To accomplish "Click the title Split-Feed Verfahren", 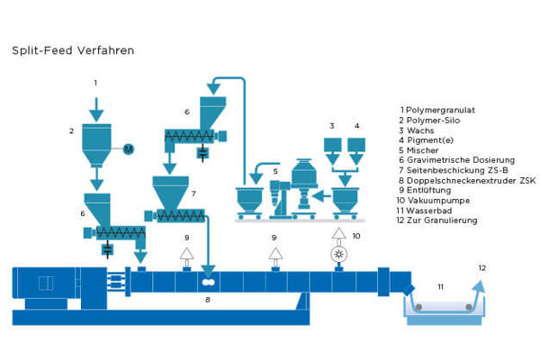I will [x=73, y=50].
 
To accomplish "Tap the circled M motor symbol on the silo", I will [x=127, y=148].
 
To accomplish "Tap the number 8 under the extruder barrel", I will [x=208, y=298].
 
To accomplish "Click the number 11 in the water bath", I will [x=441, y=286].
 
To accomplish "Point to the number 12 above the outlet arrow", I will [x=482, y=267].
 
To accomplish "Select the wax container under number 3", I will [x=332, y=145].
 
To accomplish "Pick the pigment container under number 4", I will [x=357, y=145].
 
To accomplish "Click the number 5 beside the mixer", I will [x=262, y=168].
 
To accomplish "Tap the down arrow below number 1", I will [x=95, y=109].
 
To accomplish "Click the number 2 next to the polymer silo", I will [x=71, y=131].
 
